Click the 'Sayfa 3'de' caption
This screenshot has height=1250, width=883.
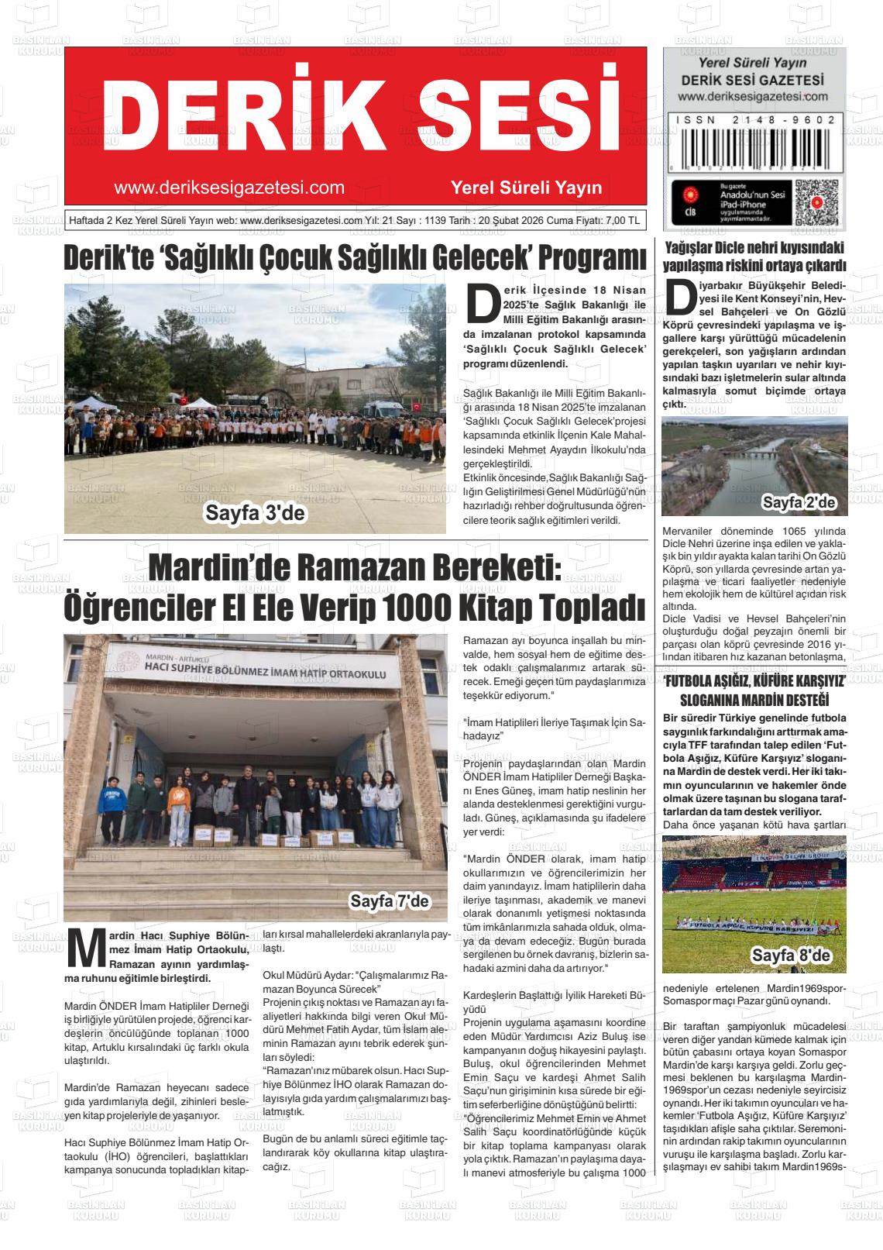coord(255,513)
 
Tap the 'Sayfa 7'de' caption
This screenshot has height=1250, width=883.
coord(389,901)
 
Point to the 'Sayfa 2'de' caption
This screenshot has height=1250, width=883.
coord(799,503)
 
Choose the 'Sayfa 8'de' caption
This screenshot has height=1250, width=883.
coord(790,956)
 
